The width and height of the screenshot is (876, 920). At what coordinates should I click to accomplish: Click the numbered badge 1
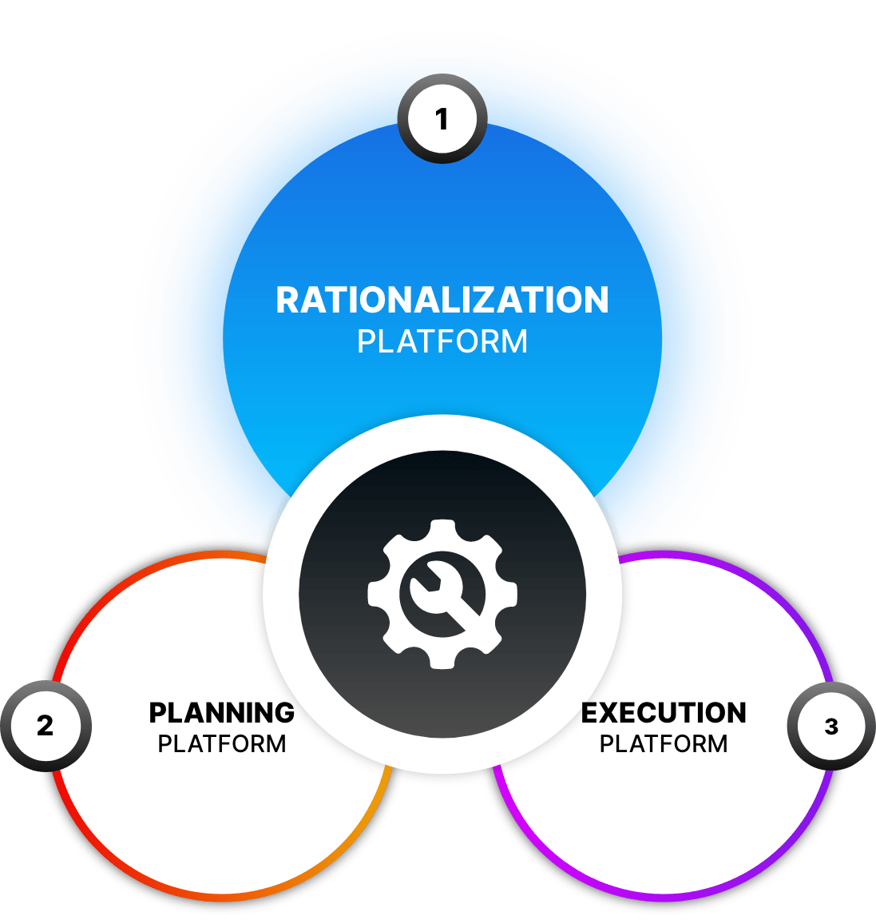[442, 120]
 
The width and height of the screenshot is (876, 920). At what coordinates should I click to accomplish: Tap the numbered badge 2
[46, 726]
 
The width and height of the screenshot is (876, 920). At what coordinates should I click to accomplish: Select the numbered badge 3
[831, 726]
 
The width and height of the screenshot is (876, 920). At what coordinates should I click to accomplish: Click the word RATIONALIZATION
[442, 301]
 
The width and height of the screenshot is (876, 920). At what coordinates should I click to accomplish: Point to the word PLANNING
[222, 712]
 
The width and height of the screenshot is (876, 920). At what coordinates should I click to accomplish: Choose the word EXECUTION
[664, 712]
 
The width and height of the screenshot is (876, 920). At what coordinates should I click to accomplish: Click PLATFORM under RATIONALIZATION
[442, 342]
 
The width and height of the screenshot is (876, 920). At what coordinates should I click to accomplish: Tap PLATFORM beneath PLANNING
[222, 744]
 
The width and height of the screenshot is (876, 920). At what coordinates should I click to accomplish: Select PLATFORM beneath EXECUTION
[664, 744]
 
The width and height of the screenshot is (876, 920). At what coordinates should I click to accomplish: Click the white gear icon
[442, 594]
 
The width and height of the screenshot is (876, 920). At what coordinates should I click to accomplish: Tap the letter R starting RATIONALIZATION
[287, 301]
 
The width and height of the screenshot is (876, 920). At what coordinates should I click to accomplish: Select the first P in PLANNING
[158, 712]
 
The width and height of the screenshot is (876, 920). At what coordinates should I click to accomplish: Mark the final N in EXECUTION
[735, 712]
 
